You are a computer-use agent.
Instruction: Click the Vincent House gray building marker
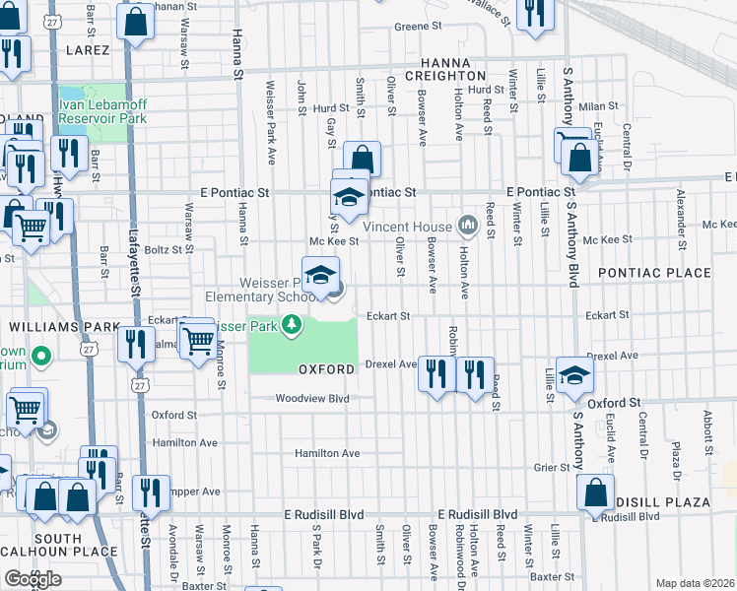[467, 227]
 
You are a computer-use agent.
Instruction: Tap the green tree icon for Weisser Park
[291, 323]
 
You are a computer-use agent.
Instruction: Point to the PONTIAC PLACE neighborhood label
[653, 272]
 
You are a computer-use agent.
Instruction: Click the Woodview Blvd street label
[312, 399]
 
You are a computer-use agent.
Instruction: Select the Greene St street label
[418, 27]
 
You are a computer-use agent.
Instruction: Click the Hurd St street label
[486, 90]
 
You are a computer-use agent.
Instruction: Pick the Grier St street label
[553, 467]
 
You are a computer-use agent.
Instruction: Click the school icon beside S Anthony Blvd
[574, 375]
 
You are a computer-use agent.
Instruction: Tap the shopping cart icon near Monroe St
[199, 340]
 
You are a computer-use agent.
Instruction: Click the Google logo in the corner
[33, 579]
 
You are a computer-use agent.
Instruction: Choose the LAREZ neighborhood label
[86, 48]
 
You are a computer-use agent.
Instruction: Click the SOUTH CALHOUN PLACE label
[61, 545]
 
